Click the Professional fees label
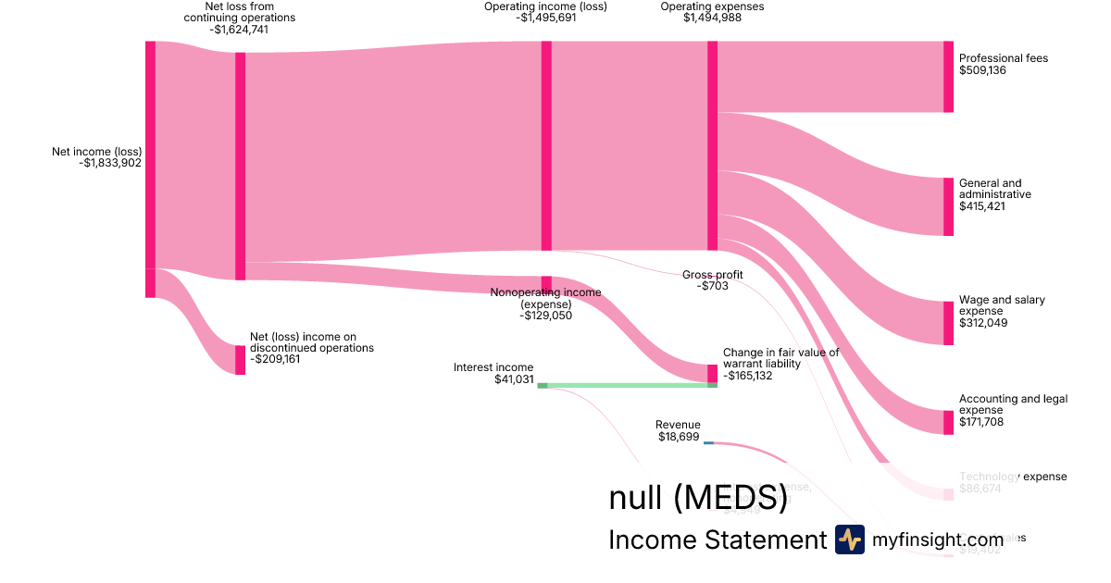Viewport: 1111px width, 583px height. pyautogui.click(x=1003, y=58)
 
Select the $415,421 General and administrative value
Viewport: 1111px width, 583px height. pyautogui.click(x=982, y=206)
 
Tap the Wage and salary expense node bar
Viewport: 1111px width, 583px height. pyautogui.click(x=948, y=323)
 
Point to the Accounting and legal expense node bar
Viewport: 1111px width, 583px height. pyautogui.click(x=948, y=422)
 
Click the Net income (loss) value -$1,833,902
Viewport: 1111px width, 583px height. pyautogui.click(x=110, y=164)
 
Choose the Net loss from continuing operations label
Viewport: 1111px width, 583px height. pyautogui.click(x=239, y=12)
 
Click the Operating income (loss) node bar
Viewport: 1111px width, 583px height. pyautogui.click(x=546, y=145)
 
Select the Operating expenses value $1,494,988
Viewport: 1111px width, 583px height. pyautogui.click(x=712, y=18)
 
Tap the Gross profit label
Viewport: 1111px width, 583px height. pyautogui.click(x=712, y=274)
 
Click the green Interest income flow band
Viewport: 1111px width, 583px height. pyautogui.click(x=630, y=385)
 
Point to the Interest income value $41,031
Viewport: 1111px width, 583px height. pyautogui.click(x=514, y=379)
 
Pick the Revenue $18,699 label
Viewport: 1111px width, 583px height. pyautogui.click(x=679, y=430)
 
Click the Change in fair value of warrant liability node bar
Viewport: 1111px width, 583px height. pyautogui.click(x=713, y=373)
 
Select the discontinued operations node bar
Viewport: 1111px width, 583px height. pyautogui.click(x=240, y=360)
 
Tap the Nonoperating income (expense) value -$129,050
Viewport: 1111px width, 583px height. pyautogui.click(x=545, y=316)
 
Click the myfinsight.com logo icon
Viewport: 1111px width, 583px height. pyautogui.click(x=849, y=540)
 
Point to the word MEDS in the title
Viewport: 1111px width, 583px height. pyautogui.click(x=730, y=498)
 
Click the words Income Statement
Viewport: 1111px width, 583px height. pyautogui.click(x=717, y=540)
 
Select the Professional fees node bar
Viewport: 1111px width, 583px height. pyautogui.click(x=948, y=77)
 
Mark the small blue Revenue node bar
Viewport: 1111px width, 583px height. pyautogui.click(x=708, y=442)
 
